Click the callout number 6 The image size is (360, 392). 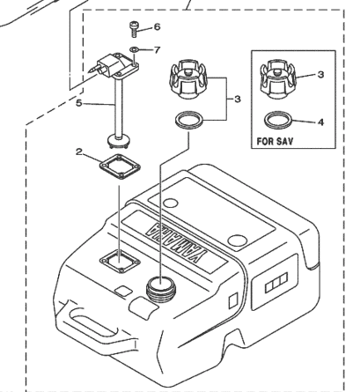click(157, 27)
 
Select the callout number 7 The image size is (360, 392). click(158, 50)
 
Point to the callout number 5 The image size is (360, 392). click(79, 103)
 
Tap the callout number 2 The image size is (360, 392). click(79, 152)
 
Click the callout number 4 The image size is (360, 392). click(321, 122)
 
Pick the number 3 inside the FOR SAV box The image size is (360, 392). click(321, 75)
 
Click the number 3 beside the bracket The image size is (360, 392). click(238, 100)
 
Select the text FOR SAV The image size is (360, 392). click(275, 141)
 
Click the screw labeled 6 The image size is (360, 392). click(134, 29)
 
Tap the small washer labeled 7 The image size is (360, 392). click(134, 49)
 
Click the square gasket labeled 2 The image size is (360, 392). click(120, 166)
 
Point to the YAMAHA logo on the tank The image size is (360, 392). click(174, 241)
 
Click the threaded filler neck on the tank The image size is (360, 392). click(160, 289)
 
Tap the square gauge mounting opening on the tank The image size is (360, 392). click(120, 261)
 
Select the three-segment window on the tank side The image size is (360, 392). click(276, 283)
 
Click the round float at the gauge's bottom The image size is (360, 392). click(118, 140)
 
